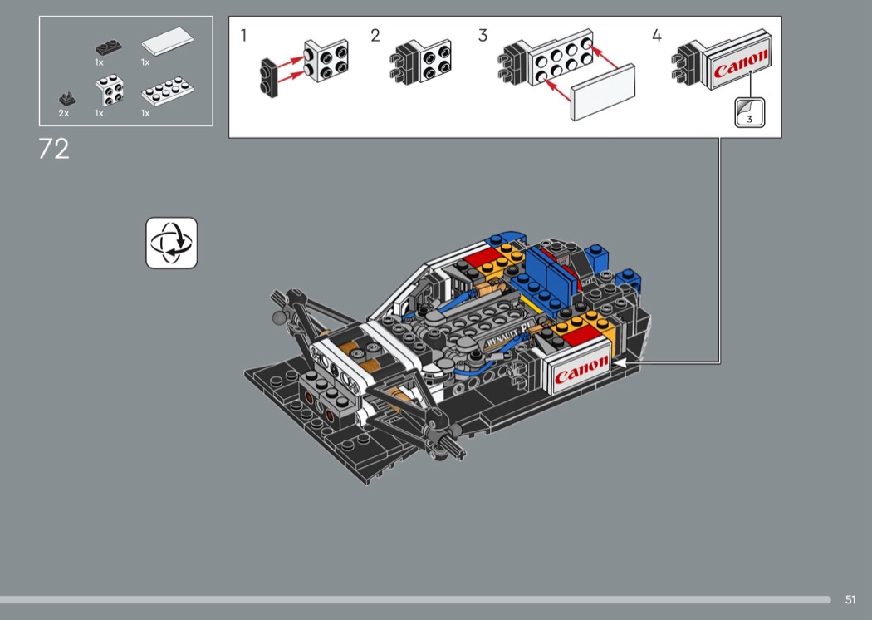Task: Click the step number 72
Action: point(54,149)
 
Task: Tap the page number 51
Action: point(850,599)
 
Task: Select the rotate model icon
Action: point(171,244)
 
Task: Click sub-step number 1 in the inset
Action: point(243,36)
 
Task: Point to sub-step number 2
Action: point(375,36)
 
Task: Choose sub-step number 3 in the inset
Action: point(483,36)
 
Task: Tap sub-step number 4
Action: point(657,36)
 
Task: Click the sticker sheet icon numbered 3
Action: point(750,112)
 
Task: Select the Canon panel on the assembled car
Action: point(578,368)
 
